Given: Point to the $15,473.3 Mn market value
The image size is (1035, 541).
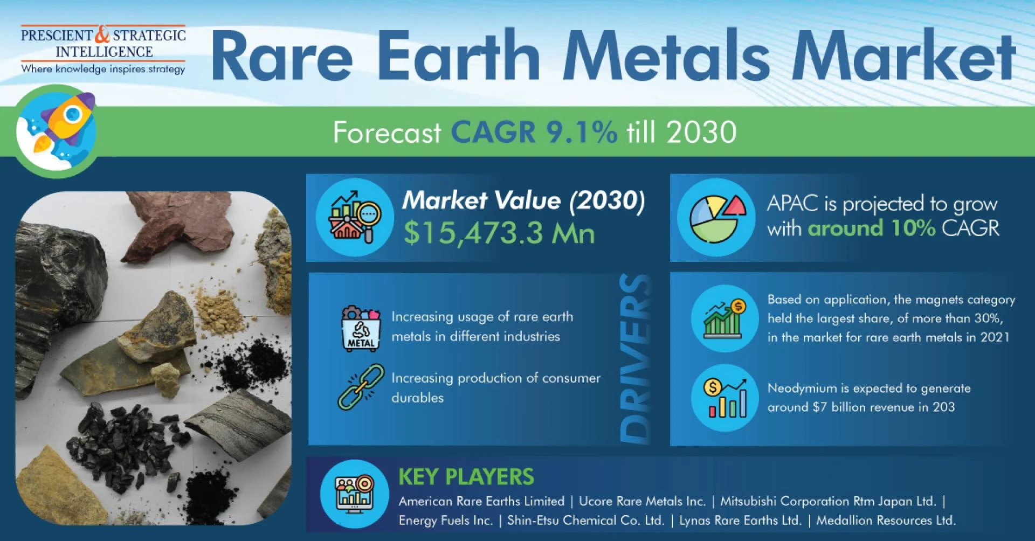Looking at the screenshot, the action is pos(499,233).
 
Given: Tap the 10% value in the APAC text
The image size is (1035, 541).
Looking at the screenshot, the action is pos(913,228).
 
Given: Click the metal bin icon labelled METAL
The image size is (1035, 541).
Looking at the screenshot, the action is pos(361,328).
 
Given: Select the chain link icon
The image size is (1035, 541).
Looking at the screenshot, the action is pos(361,387).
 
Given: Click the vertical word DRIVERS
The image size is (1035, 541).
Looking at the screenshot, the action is pos(636,359).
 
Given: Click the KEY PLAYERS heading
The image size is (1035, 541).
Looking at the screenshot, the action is pos(466,477).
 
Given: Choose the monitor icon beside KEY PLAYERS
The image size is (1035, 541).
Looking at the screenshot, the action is pos(354,494).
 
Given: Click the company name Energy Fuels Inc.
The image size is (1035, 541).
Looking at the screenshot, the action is pos(446,521).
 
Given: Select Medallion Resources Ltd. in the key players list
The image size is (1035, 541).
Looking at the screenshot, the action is pos(886,521).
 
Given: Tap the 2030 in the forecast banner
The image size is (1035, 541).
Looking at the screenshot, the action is pos(701,132).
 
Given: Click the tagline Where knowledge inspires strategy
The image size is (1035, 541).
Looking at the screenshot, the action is pos(103,69).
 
